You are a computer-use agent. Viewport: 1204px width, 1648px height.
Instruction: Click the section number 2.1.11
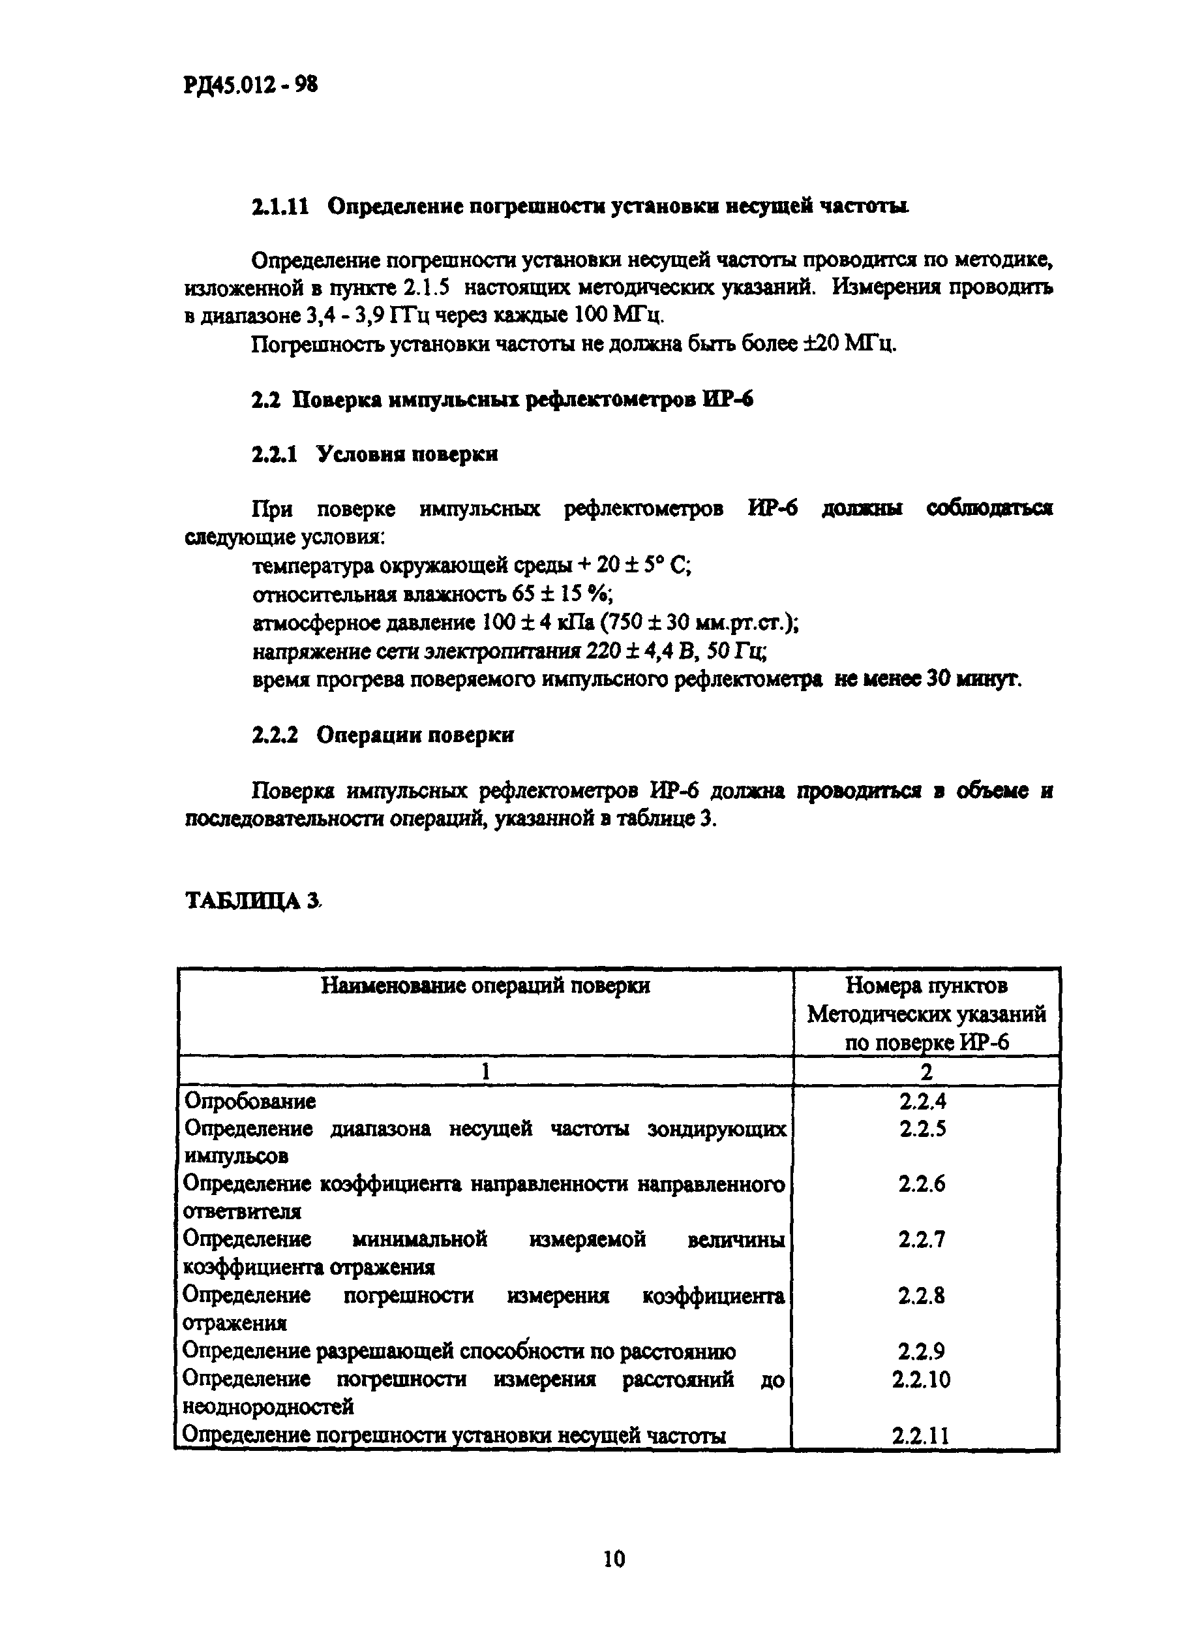[280, 207]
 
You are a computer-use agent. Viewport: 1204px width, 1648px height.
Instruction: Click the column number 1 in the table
[485, 1071]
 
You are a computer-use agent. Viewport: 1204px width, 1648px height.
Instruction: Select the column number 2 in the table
[926, 1071]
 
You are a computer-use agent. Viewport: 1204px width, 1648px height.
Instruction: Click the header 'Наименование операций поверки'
[485, 986]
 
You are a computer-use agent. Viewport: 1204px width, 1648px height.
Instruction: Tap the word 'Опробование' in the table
[250, 1100]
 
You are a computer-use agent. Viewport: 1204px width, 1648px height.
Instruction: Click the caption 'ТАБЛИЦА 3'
[252, 901]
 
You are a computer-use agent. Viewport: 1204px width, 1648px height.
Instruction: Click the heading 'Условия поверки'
[407, 454]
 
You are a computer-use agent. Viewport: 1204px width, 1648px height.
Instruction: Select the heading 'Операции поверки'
[415, 734]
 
